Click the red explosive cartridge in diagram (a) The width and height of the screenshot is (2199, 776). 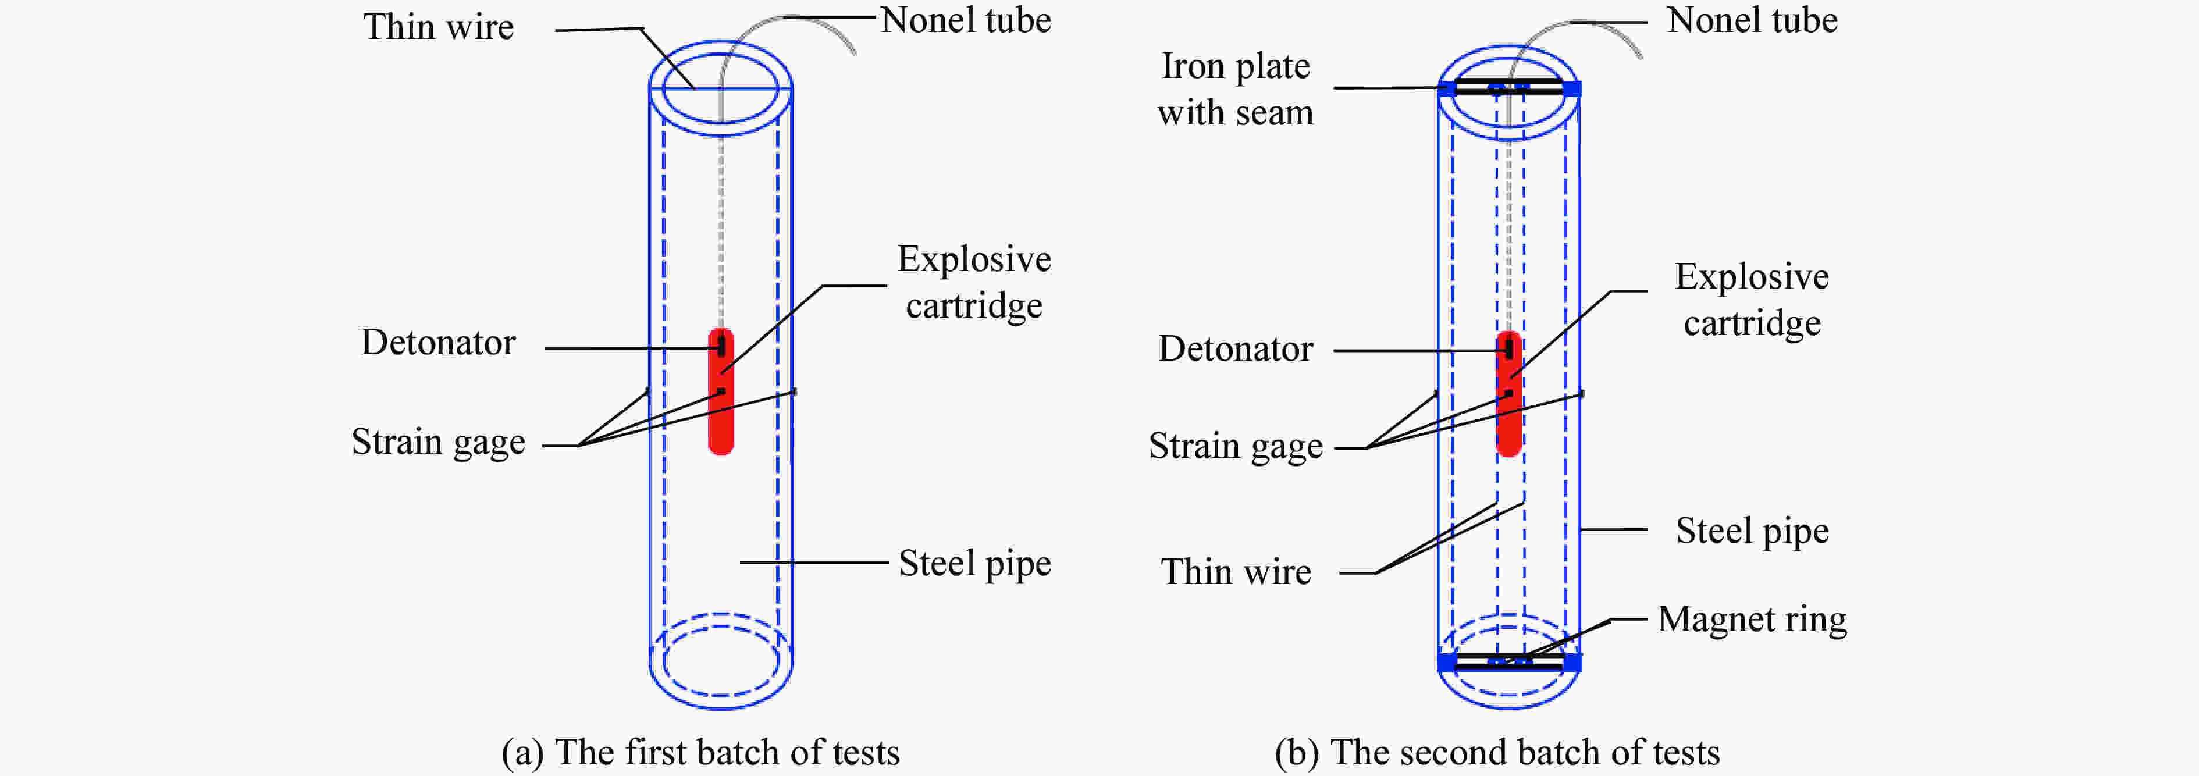[x=721, y=418]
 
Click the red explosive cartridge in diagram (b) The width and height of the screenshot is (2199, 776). [x=1508, y=422]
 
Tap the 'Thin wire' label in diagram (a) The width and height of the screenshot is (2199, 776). [x=438, y=27]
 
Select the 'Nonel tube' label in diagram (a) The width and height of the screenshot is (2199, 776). [x=966, y=20]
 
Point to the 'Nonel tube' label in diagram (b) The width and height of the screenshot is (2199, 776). [x=1752, y=20]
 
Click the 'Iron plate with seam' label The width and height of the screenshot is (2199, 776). [x=1235, y=90]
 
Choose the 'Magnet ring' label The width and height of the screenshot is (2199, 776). [x=1752, y=619]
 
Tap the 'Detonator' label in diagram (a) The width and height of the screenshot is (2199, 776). [x=438, y=342]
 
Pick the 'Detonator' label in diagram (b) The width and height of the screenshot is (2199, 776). [x=1235, y=349]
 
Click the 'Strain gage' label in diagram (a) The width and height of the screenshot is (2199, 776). [x=438, y=442]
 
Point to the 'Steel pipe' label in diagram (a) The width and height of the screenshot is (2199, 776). [x=974, y=564]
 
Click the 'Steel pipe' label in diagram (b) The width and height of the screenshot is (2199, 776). [x=1752, y=531]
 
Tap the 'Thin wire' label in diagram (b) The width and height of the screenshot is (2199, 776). [x=1235, y=572]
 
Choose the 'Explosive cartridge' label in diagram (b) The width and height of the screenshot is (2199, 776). [x=1752, y=300]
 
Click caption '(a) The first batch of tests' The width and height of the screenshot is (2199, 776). [x=700, y=753]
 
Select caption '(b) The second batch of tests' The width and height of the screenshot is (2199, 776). [x=1496, y=753]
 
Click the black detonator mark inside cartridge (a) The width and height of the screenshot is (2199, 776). [x=721, y=346]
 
